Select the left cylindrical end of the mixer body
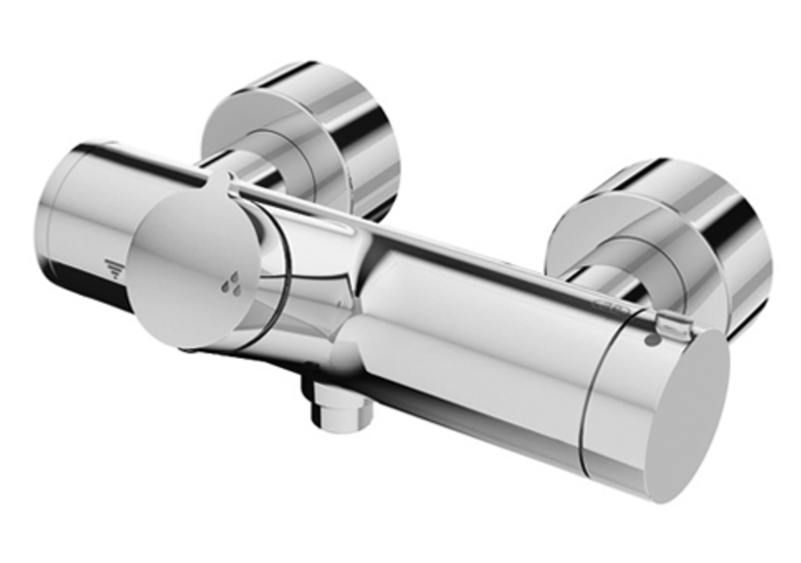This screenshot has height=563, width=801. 82,217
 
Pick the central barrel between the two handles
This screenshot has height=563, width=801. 454,318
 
